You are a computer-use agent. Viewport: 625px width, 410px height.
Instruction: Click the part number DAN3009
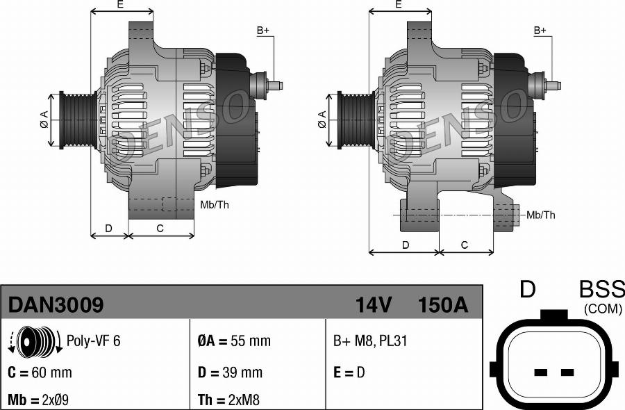[56, 305]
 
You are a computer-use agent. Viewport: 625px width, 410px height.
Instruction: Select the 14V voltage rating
[373, 305]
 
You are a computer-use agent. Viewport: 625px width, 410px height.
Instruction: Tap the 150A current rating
[442, 305]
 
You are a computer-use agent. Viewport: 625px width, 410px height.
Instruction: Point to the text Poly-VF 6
[93, 341]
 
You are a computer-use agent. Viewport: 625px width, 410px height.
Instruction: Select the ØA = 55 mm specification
[234, 341]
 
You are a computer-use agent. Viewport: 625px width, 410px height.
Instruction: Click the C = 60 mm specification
[40, 372]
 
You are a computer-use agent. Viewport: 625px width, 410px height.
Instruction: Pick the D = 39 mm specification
[230, 372]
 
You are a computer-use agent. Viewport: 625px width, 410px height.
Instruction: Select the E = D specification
[349, 372]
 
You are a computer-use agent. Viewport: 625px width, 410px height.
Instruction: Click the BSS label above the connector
[601, 290]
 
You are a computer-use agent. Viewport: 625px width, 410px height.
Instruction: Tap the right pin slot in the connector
[567, 372]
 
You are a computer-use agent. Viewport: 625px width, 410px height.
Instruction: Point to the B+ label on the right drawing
[540, 31]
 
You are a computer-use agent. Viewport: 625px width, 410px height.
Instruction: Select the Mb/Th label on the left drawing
[214, 204]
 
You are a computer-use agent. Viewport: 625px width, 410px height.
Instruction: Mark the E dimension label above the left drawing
[120, 5]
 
